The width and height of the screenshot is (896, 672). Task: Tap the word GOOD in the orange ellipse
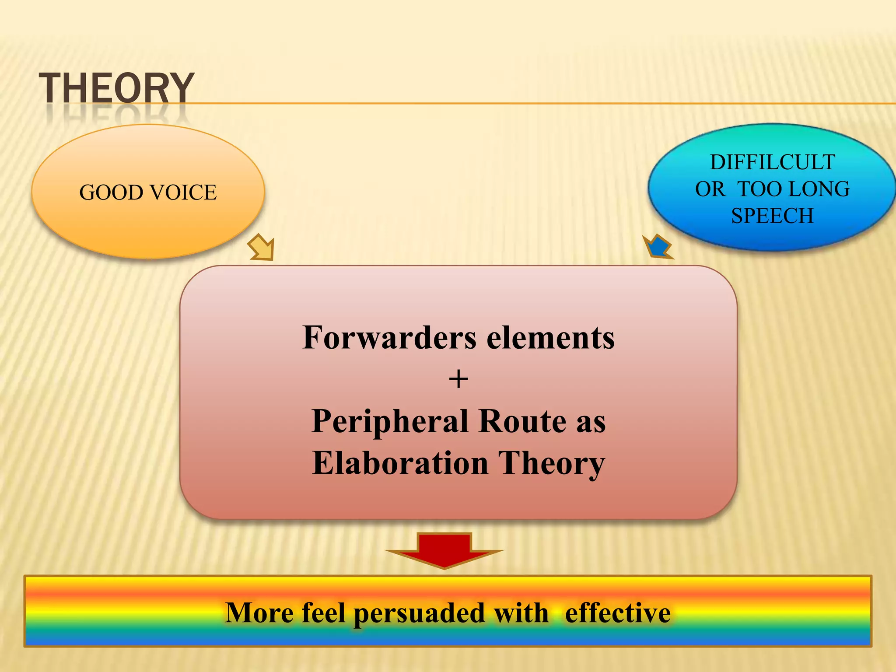pyautogui.click(x=111, y=192)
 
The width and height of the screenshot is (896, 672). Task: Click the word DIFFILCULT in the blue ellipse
pyautogui.click(x=772, y=162)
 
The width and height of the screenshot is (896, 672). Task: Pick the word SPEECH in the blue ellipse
pyautogui.click(x=772, y=216)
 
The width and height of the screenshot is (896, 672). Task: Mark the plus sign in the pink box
pyautogui.click(x=458, y=379)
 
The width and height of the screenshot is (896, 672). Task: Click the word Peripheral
pyautogui.click(x=390, y=422)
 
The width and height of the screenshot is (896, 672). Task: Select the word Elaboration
pyautogui.click(x=400, y=463)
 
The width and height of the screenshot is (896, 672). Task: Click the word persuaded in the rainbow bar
pyautogui.click(x=419, y=613)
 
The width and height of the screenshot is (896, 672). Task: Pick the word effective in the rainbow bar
pyautogui.click(x=617, y=612)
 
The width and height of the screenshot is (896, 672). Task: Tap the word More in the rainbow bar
pyautogui.click(x=259, y=612)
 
